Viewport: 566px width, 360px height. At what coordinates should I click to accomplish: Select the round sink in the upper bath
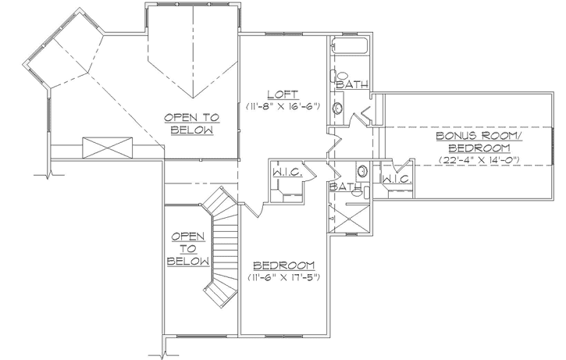coord(339,109)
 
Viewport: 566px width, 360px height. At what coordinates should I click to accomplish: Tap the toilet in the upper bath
coord(336,77)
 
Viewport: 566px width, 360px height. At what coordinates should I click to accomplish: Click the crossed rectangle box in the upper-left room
coord(107,146)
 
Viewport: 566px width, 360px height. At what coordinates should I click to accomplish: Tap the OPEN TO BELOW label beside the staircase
coord(187,248)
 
